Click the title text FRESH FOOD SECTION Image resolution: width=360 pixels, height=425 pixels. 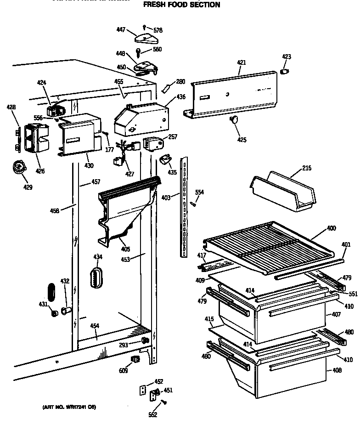[x=181, y=5]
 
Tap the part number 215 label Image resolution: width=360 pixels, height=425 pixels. [x=307, y=168]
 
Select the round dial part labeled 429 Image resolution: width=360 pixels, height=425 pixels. [x=19, y=166]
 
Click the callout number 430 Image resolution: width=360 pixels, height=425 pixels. [x=89, y=165]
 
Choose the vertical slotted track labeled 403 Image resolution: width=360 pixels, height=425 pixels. [x=185, y=207]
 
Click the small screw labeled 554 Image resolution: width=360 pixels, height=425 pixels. [x=194, y=203]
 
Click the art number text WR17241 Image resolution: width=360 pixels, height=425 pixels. [x=69, y=407]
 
